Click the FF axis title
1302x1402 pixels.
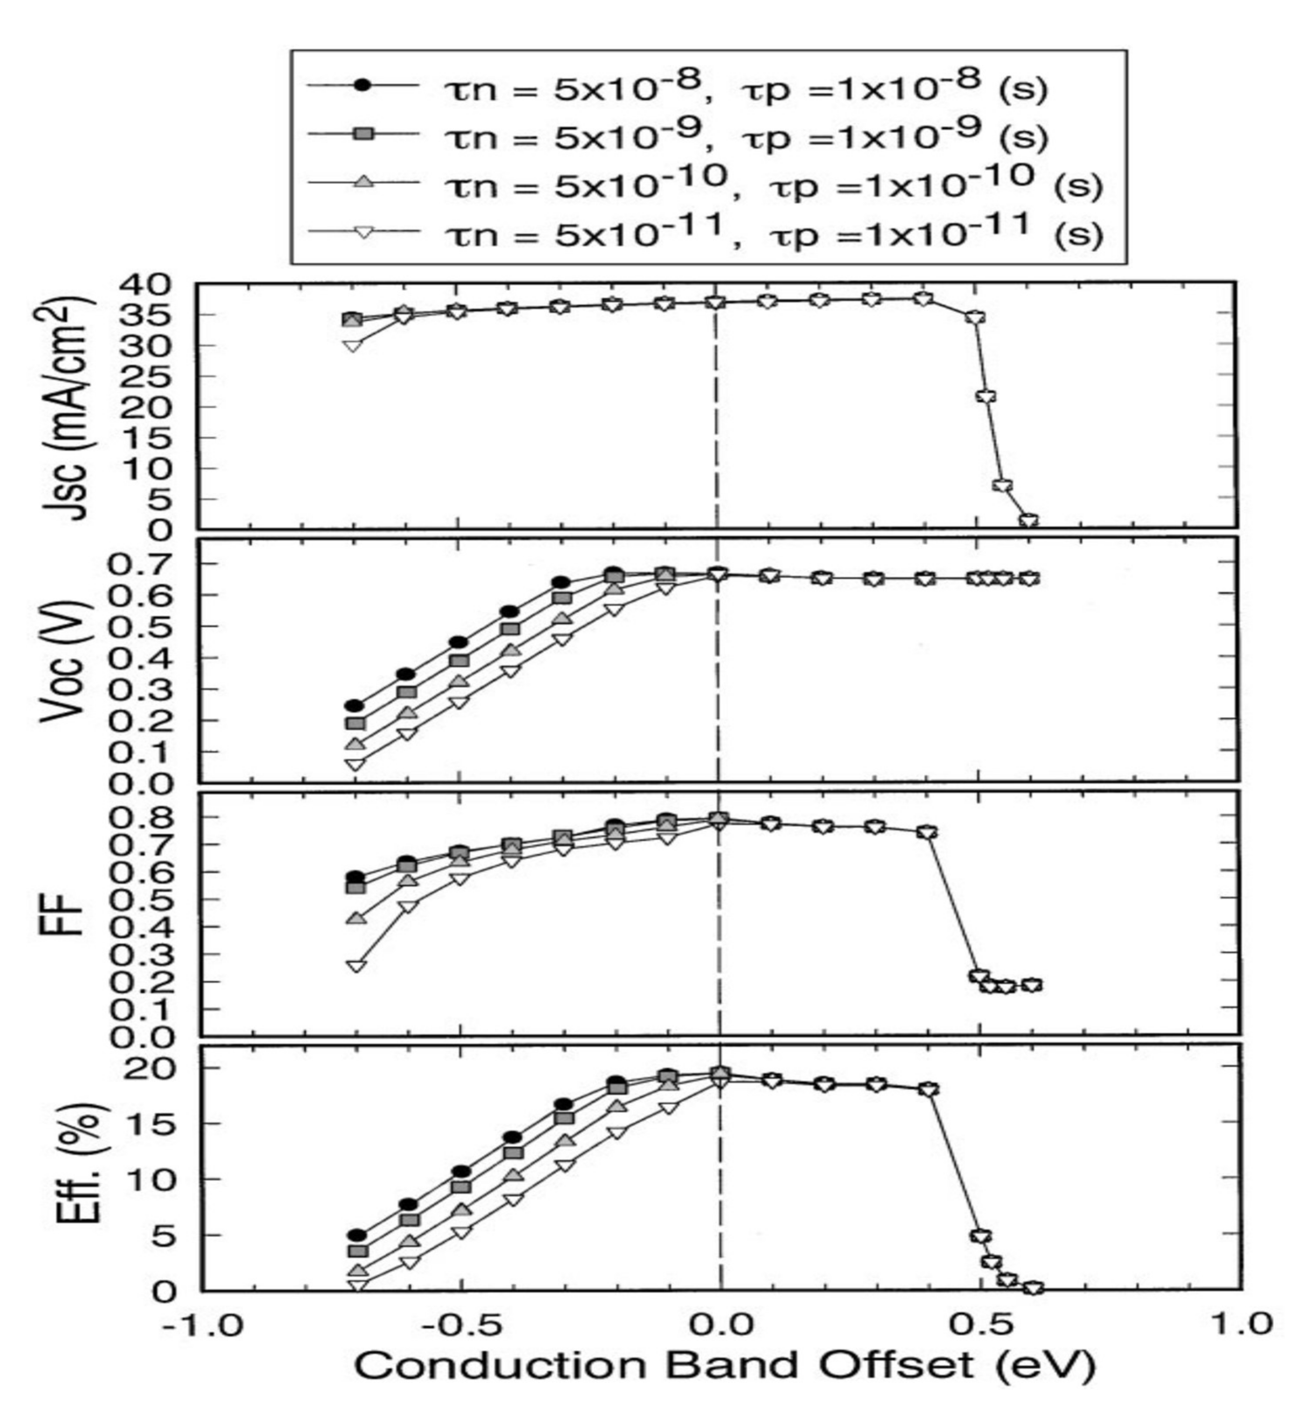tap(70, 912)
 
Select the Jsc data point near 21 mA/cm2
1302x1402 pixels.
tap(986, 396)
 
